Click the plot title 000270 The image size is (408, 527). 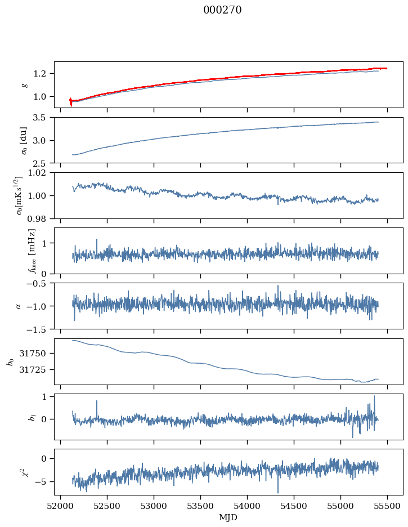tap(222, 10)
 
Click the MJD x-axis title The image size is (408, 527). tap(228, 517)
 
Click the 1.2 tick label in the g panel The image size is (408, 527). tap(43, 74)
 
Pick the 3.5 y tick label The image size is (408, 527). tap(43, 118)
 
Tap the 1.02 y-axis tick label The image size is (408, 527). tap(40, 173)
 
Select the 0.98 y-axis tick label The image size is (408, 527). tap(40, 218)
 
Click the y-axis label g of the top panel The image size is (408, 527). tap(24, 84)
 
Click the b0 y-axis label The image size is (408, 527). tap(10, 361)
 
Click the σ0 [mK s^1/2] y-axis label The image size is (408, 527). tap(19, 195)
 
